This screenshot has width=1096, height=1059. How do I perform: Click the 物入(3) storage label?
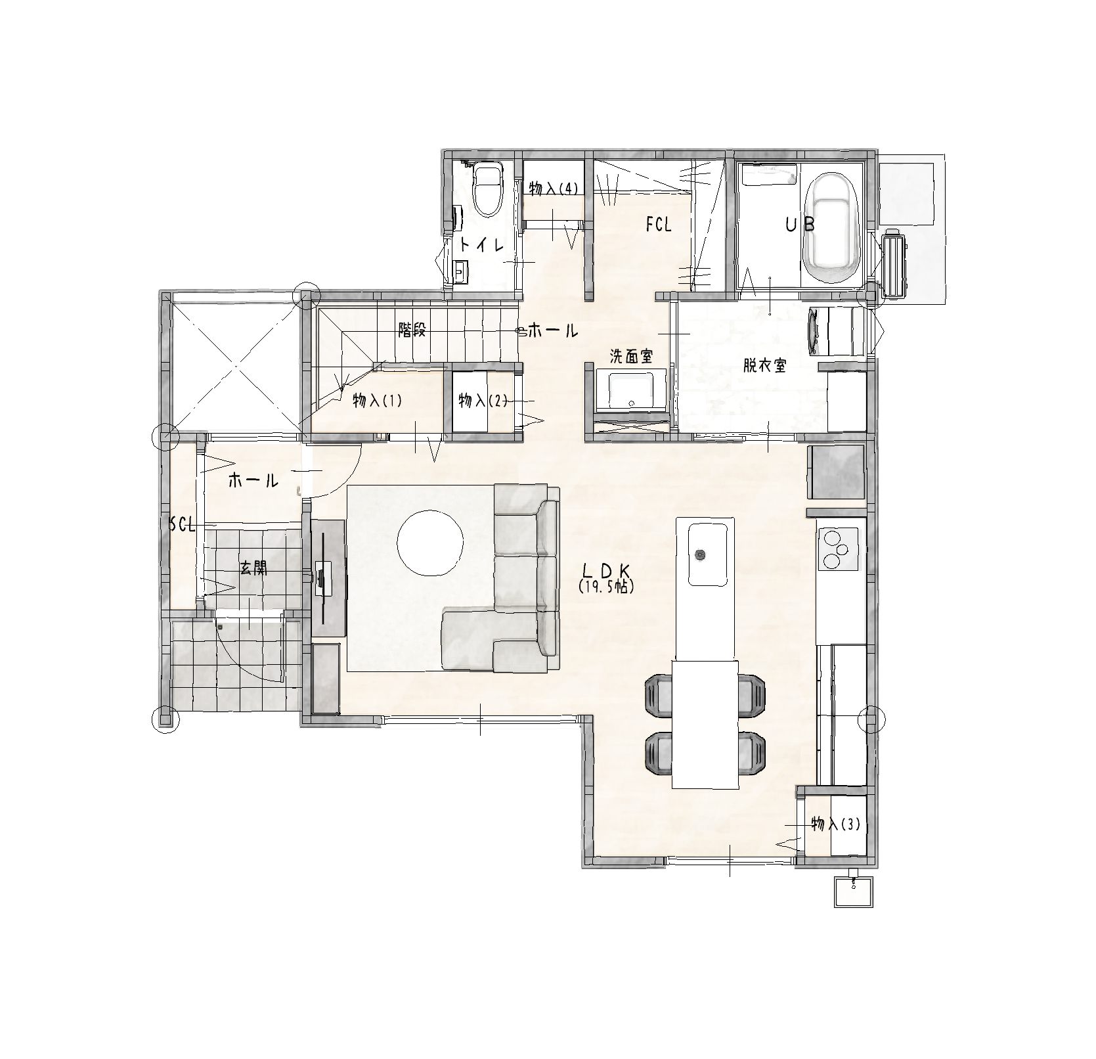(x=835, y=824)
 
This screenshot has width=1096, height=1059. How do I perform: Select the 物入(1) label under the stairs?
(x=377, y=400)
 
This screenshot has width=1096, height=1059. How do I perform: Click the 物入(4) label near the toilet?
(x=554, y=189)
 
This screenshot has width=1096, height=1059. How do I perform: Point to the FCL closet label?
(x=659, y=225)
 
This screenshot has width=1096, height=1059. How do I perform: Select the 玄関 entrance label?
(x=253, y=568)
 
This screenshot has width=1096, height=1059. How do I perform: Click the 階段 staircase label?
(x=412, y=330)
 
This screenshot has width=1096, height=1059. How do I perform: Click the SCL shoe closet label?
(x=183, y=524)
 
